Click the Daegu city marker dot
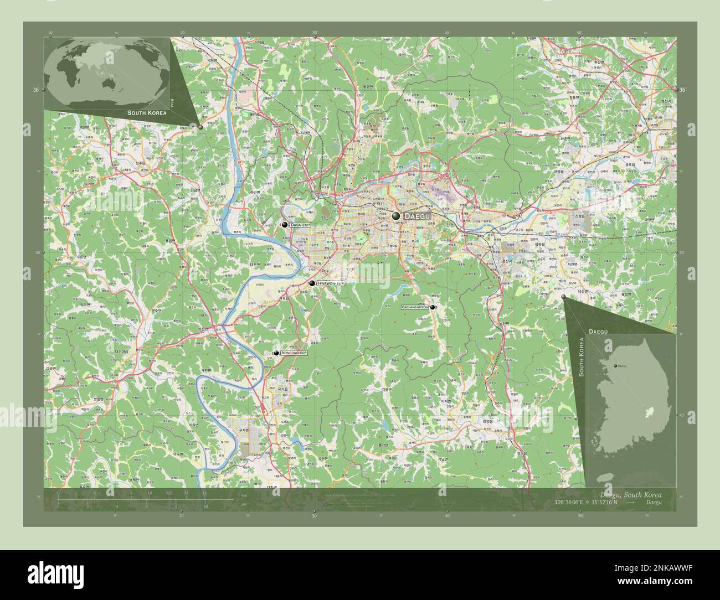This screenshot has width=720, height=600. click(x=396, y=215)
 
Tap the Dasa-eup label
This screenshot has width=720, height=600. click(x=300, y=225)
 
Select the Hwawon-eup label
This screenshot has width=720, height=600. click(x=330, y=283)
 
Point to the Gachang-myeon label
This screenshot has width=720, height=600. click(x=415, y=307)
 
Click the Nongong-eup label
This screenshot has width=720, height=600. click(x=294, y=353)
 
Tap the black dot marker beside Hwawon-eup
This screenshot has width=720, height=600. click(x=312, y=283)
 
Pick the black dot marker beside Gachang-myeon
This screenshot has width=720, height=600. click(x=433, y=307)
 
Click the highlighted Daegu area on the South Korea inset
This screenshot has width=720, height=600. click(x=651, y=413)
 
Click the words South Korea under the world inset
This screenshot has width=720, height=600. click(x=146, y=112)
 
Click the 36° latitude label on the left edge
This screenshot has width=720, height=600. click(x=35, y=90)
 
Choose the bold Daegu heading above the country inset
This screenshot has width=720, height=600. click(x=599, y=330)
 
